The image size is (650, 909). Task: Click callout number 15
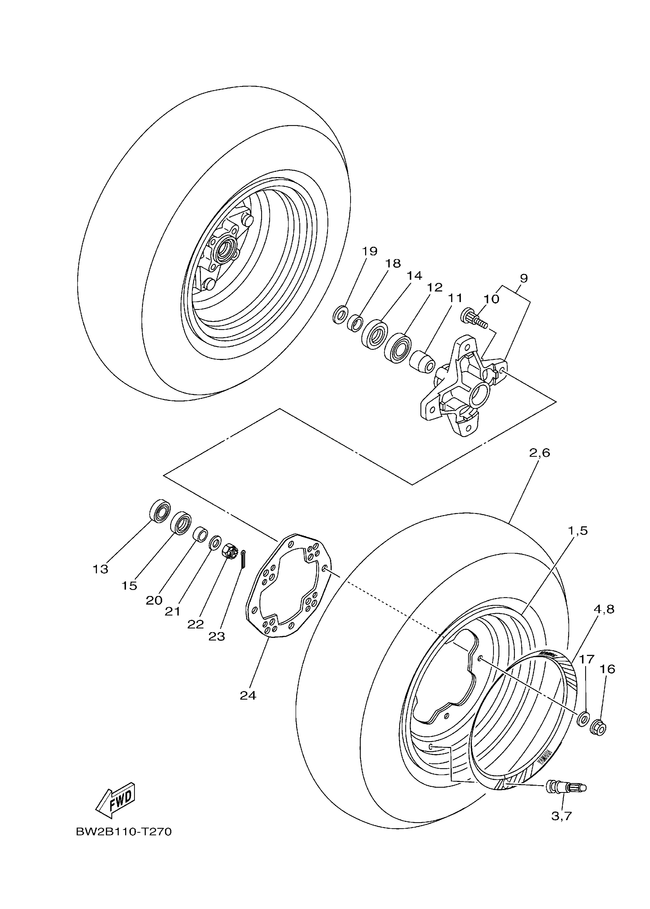click(x=129, y=586)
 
